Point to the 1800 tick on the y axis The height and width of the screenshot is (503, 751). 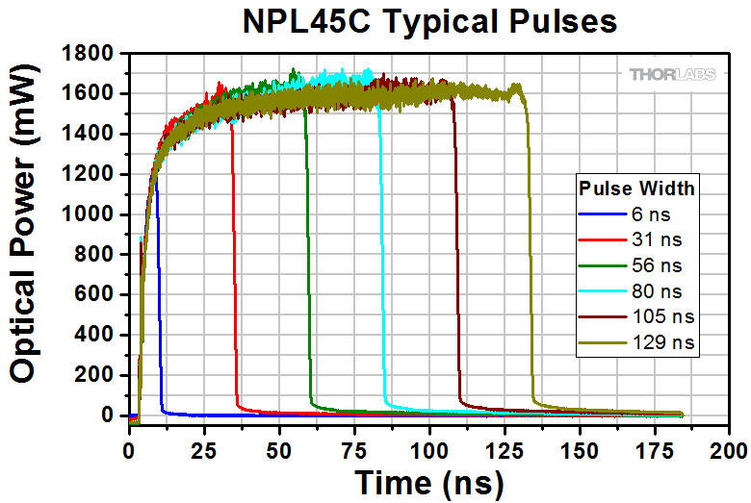click(94, 54)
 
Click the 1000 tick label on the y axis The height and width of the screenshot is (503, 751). click(94, 214)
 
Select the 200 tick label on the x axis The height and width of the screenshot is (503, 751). click(729, 449)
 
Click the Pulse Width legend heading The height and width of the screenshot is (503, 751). click(635, 186)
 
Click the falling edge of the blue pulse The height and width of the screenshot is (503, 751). click(159, 289)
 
